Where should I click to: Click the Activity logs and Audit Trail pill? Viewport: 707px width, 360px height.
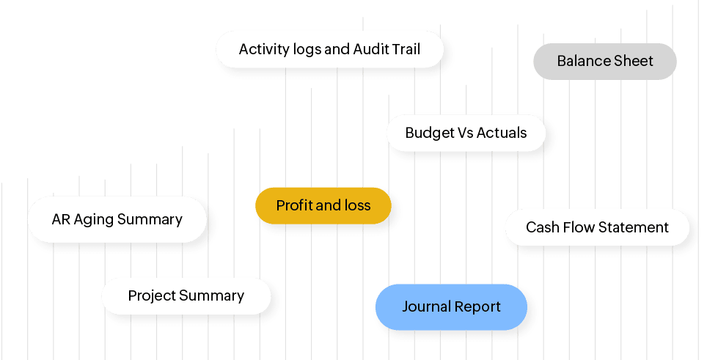tap(330, 50)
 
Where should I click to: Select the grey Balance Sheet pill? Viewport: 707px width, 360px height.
tap(604, 61)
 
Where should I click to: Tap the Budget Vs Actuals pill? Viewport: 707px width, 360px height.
tap(466, 133)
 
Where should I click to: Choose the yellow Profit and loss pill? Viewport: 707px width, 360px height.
tap(323, 205)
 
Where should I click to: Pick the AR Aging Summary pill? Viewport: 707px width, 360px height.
tap(117, 219)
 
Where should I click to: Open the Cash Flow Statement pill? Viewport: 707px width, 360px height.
tap(597, 227)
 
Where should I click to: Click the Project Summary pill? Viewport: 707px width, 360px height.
tap(186, 295)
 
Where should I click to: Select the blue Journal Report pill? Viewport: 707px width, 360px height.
tap(451, 306)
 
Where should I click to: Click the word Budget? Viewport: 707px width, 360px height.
tap(430, 133)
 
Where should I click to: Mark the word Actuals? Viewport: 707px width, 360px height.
tap(502, 133)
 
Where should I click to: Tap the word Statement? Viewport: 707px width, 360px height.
tap(634, 227)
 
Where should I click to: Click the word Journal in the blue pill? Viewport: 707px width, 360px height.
tap(427, 306)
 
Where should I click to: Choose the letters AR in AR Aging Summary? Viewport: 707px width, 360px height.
tap(60, 219)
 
